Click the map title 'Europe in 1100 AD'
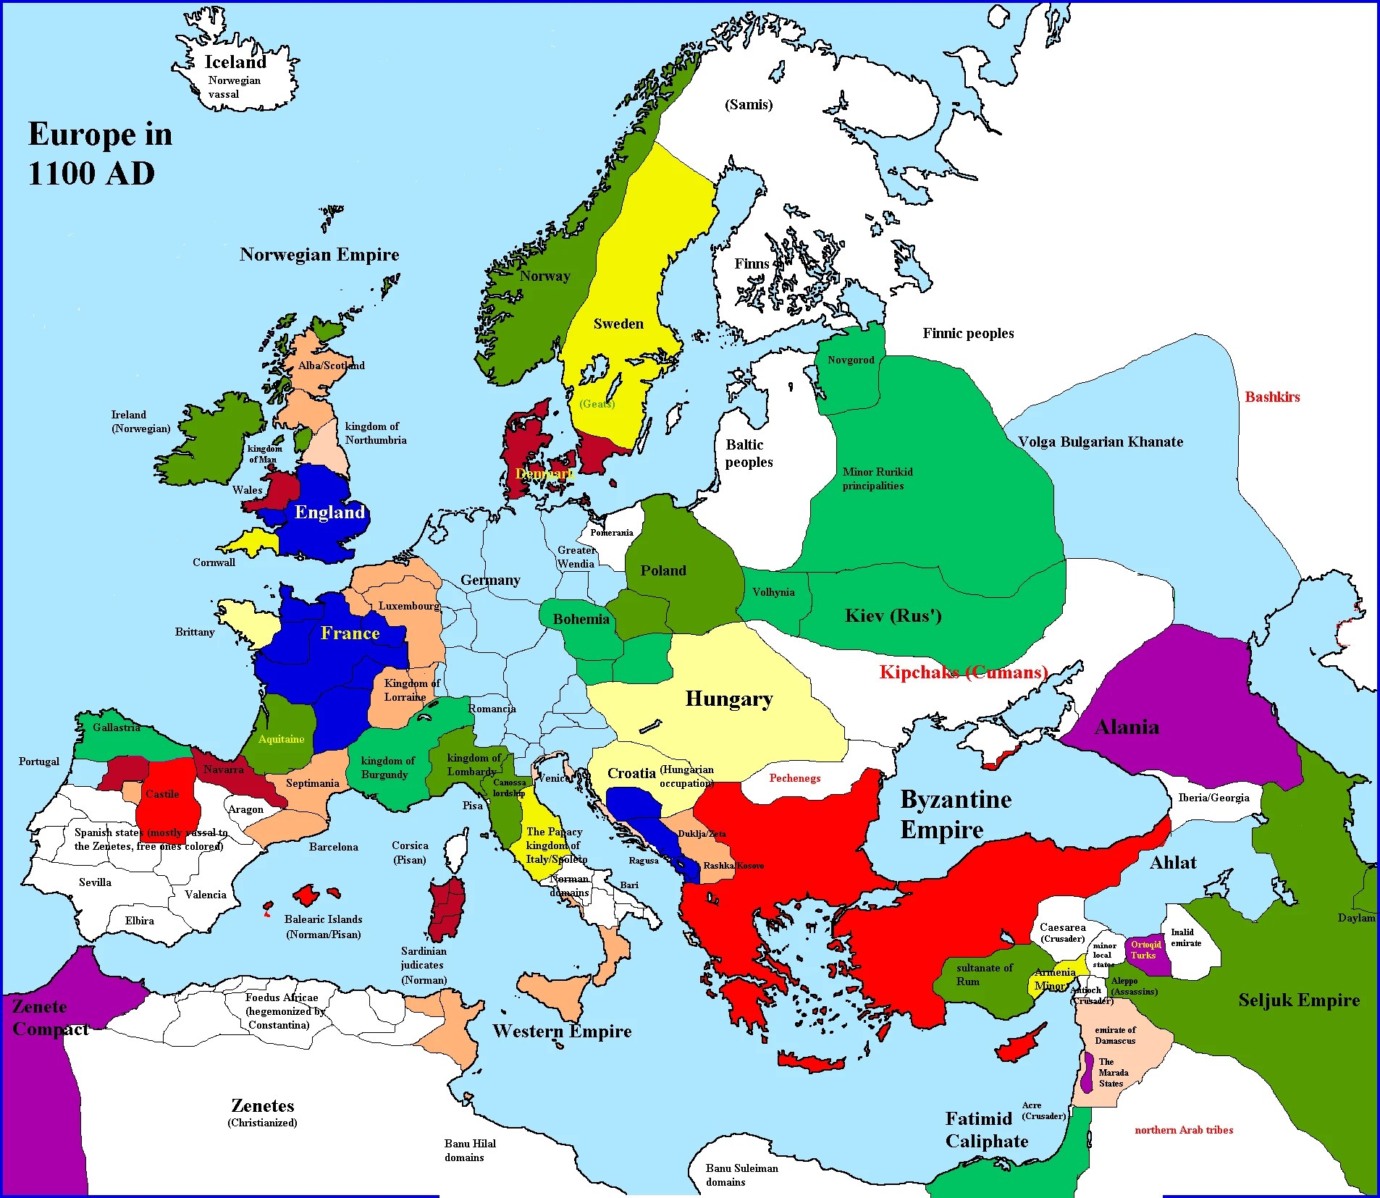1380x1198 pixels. [100, 153]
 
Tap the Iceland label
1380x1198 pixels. [235, 62]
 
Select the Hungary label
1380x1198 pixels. [728, 699]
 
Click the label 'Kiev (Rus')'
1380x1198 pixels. [893, 616]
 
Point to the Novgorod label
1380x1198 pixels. [851, 360]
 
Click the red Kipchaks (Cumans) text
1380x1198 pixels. [963, 672]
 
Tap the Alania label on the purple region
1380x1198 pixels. [1126, 727]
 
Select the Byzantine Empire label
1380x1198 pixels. [955, 814]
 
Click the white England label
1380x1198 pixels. [329, 512]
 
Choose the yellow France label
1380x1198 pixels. [350, 633]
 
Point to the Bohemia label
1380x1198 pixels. [581, 619]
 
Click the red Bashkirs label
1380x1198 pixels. [1272, 397]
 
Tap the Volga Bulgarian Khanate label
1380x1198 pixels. [1100, 442]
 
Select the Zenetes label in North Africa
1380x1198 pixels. [262, 1106]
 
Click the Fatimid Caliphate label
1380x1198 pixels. [985, 1129]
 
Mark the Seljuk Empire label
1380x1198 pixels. [1298, 1000]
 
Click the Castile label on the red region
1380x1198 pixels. [162, 794]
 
